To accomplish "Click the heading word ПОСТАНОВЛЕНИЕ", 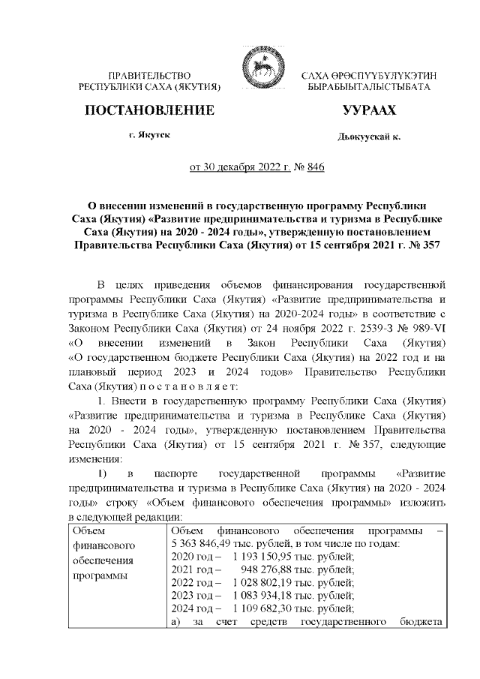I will tap(150, 111).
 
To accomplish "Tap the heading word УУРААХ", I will tap(368, 111).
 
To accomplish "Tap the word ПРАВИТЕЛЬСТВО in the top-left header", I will tap(149, 76).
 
